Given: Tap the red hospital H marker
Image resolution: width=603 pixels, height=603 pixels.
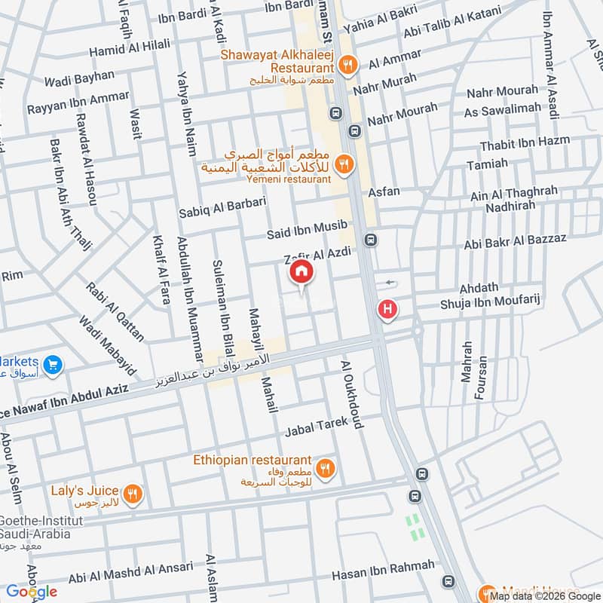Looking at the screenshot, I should click(x=387, y=309).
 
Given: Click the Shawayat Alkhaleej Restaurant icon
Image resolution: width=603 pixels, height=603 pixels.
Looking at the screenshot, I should click(x=347, y=65).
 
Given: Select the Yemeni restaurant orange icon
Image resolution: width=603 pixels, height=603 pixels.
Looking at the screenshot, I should click(x=344, y=163).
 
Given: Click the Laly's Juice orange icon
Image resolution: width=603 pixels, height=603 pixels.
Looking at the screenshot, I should click(x=133, y=494).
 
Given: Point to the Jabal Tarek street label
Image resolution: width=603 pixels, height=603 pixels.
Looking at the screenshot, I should click(x=316, y=427).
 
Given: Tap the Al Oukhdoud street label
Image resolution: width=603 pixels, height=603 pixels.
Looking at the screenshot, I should click(x=353, y=393).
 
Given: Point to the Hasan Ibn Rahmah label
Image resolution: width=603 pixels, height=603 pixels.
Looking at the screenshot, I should click(x=384, y=570).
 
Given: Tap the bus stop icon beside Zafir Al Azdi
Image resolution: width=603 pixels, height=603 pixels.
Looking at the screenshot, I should click(x=370, y=240).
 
